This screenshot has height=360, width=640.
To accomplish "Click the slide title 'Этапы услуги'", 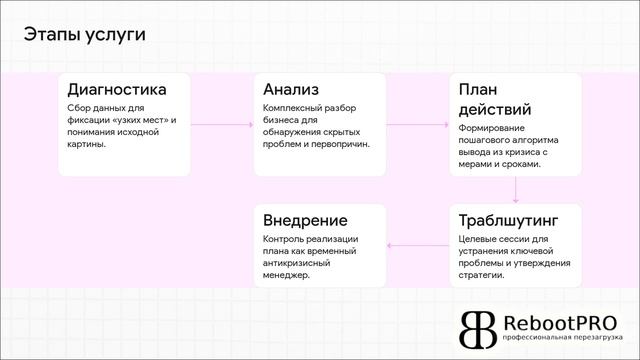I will (84, 34).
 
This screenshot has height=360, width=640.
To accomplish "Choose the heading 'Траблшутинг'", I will (508, 220).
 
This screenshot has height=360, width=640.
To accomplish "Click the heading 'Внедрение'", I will (305, 220).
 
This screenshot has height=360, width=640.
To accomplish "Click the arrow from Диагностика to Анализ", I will (221, 124).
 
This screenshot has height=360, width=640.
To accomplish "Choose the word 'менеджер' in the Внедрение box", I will (286, 274).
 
